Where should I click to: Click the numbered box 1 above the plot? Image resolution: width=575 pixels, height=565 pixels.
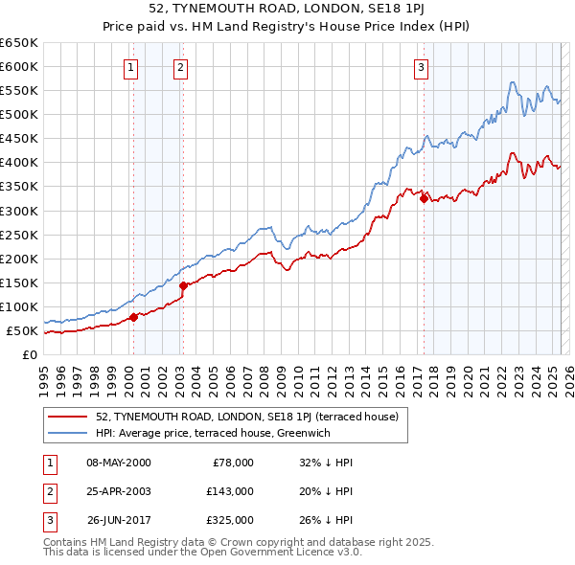tap(130, 67)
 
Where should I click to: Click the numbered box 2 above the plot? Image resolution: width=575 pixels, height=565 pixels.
tap(180, 67)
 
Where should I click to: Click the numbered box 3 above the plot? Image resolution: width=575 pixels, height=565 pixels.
tap(422, 67)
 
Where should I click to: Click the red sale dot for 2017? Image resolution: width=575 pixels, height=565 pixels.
tap(424, 198)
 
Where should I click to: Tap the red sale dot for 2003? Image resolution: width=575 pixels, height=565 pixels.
tap(183, 284)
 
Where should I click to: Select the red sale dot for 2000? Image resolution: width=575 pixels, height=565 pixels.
tap(133, 316)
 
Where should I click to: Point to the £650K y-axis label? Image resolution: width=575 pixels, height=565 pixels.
tap(19, 43)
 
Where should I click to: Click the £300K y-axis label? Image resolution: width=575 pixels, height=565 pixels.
tap(19, 211)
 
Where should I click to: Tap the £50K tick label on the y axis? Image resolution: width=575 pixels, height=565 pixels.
tap(22, 330)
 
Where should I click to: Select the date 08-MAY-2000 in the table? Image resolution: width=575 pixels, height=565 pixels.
tap(119, 463)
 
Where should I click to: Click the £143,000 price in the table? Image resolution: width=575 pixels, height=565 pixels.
tap(230, 491)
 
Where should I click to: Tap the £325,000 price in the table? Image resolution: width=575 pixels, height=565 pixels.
tap(230, 520)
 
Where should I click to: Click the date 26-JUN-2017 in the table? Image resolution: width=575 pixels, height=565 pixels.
tap(119, 520)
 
